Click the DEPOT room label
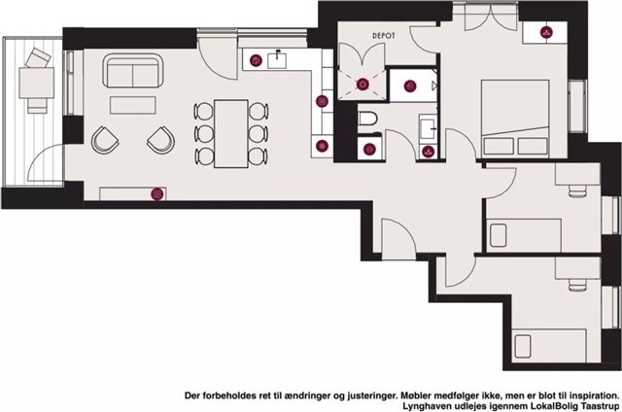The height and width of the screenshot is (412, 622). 384,36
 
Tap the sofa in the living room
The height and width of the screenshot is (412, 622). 133,71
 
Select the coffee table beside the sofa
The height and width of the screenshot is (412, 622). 132,105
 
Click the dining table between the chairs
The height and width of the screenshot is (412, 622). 231,134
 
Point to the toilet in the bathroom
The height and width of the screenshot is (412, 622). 367,119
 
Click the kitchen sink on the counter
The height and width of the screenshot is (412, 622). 277,60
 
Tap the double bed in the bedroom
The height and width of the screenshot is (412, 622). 515,119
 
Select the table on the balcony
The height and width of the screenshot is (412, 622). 37,83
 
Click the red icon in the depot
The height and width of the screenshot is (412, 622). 363,85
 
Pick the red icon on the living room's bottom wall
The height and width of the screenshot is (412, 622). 157,194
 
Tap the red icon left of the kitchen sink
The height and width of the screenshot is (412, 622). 256,60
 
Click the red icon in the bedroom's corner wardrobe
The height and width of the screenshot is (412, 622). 546,32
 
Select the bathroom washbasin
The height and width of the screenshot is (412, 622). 429,127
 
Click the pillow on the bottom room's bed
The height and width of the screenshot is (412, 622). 523,346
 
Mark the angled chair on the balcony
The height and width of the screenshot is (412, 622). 38,58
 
